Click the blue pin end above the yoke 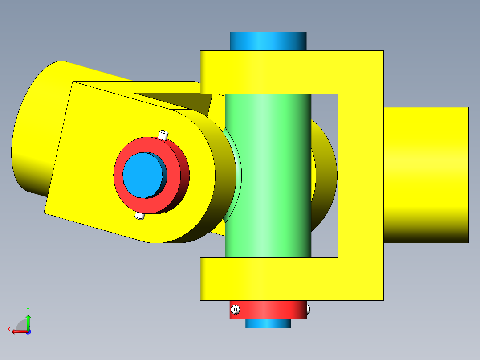click(268, 41)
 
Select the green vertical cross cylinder click(268, 178)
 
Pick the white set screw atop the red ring click(164, 134)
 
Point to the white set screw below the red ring click(139, 216)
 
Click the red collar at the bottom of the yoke click(268, 310)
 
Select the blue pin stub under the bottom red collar click(268, 323)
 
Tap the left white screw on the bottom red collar click(235, 309)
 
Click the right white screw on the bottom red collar click(308, 309)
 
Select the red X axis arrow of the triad click(18, 331)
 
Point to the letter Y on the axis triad click(28, 309)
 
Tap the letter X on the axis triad click(8, 329)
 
